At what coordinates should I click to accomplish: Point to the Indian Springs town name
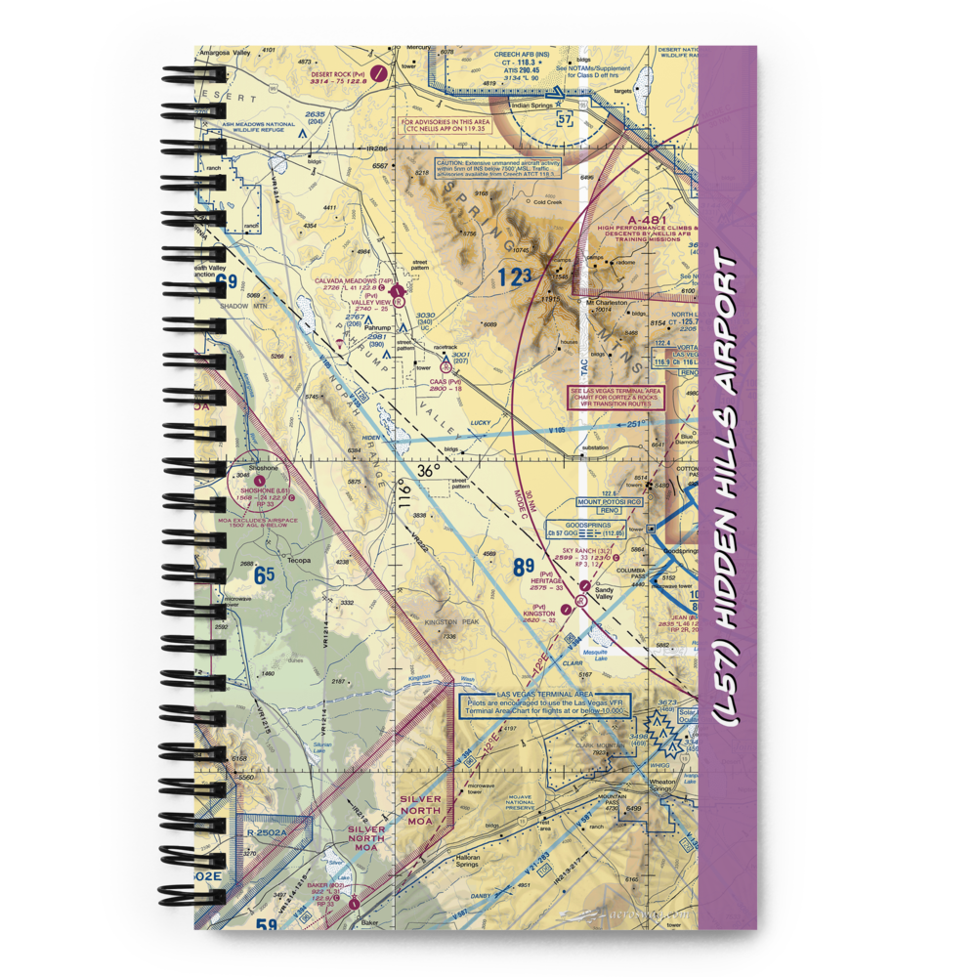point(532,103)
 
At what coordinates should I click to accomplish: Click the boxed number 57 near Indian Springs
point(564,119)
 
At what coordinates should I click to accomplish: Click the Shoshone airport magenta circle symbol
point(258,480)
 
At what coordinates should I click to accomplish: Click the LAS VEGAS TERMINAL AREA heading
point(544,694)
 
